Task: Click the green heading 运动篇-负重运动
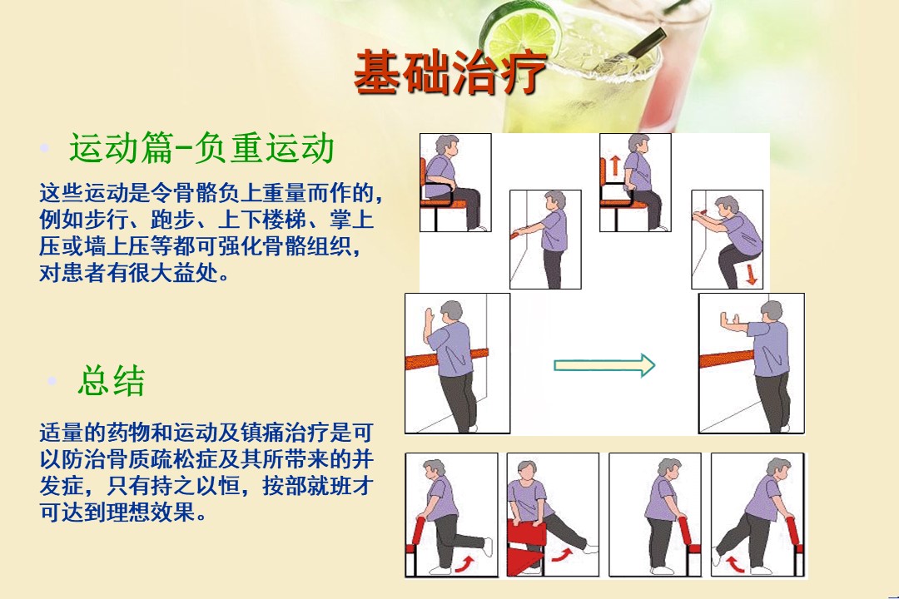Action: (x=201, y=148)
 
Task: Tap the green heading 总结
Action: (x=112, y=380)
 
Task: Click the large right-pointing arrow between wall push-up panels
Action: (x=604, y=365)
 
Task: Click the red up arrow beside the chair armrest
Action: (x=614, y=165)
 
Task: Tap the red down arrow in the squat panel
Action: (x=751, y=275)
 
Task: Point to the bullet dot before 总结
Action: (x=52, y=380)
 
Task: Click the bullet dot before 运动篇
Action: (x=45, y=148)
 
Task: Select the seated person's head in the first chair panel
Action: (x=447, y=146)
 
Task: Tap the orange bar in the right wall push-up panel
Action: (x=727, y=359)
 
